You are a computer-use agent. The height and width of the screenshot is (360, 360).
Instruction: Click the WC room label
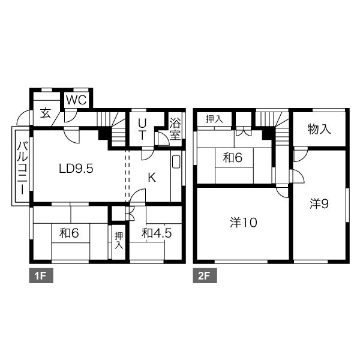[76, 100]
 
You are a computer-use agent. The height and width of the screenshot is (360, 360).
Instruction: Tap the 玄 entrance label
[46, 113]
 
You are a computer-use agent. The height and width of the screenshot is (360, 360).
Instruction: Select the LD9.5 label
[76, 169]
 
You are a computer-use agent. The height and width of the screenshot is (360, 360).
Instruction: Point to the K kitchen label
[152, 177]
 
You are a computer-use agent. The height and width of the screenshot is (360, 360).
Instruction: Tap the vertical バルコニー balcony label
[22, 168]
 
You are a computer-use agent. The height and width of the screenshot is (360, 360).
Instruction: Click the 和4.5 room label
[157, 233]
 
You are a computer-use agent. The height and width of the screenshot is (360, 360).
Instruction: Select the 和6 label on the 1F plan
[69, 233]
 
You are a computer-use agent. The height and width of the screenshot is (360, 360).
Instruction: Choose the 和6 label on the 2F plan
[233, 158]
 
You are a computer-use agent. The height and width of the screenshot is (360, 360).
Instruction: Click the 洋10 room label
[244, 223]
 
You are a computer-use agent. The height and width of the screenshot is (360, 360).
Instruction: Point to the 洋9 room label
[319, 204]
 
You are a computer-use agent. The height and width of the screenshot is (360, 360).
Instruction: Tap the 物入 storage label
[319, 129]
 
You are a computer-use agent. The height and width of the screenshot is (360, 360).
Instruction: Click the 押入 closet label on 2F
[214, 119]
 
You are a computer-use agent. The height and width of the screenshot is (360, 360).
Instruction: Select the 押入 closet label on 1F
[119, 241]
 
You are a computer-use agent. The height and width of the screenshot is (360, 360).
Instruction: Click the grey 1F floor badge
[41, 275]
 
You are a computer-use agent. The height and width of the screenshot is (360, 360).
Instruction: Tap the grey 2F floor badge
[205, 275]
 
